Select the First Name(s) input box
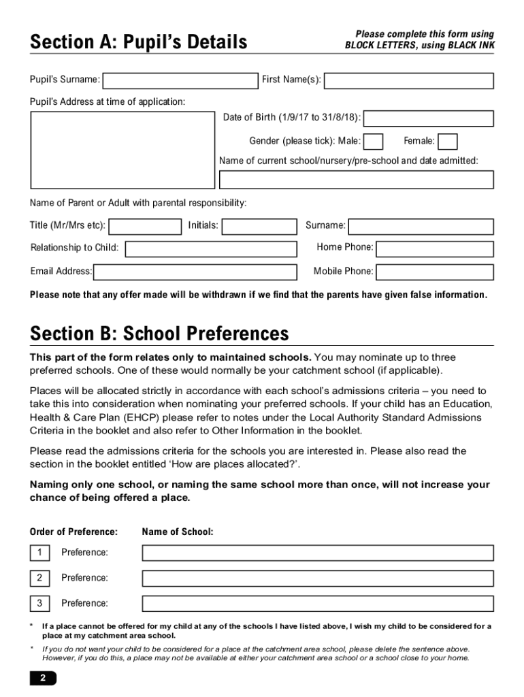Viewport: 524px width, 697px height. (x=408, y=81)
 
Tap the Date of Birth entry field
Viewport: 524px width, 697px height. (x=429, y=118)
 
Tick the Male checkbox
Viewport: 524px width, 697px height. (x=374, y=142)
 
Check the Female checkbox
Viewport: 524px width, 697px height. (x=447, y=142)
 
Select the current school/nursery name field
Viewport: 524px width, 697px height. (x=356, y=180)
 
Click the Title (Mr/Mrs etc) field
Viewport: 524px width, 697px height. (x=145, y=226)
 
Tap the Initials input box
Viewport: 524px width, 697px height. (x=259, y=226)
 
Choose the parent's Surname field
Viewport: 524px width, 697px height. (x=421, y=226)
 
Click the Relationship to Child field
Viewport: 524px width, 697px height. (x=211, y=248)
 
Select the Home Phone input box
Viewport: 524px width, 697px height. (x=435, y=248)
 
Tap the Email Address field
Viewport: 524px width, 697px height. (x=195, y=272)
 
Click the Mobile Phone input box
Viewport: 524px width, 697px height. (x=435, y=272)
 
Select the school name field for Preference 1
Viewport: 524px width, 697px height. (x=317, y=553)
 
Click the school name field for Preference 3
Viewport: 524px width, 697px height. (x=317, y=604)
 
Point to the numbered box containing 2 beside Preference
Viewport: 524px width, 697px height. (x=39, y=578)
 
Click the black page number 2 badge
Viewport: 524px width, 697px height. (x=43, y=678)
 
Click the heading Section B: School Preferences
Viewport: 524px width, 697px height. (x=159, y=334)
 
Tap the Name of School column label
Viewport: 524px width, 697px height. (x=178, y=532)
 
